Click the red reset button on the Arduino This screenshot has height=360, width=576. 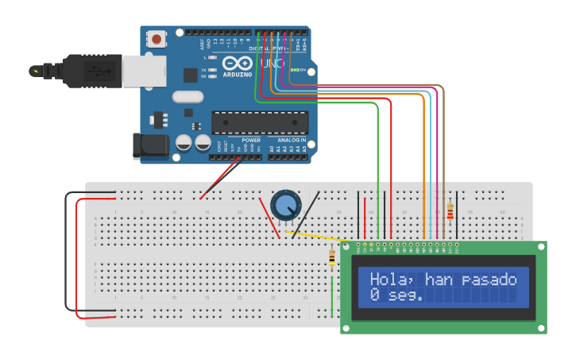click(x=157, y=38)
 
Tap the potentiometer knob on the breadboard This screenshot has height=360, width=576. click(x=285, y=205)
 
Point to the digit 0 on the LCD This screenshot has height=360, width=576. click(x=375, y=295)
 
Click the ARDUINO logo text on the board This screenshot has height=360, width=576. click(x=238, y=75)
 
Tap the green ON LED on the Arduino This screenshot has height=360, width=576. click(x=294, y=70)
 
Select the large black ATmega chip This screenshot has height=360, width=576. click(x=259, y=122)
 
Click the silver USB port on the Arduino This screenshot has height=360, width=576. click(x=145, y=71)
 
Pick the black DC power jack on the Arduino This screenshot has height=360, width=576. click(x=150, y=145)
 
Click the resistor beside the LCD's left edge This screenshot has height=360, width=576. click(x=332, y=257)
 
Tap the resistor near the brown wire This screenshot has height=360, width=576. click(x=450, y=211)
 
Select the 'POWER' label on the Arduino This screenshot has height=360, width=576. click(x=251, y=140)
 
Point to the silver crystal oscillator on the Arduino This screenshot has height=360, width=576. click(x=187, y=97)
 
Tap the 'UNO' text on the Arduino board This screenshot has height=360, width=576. click(x=273, y=63)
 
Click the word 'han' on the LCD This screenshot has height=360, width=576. click(x=439, y=279)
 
